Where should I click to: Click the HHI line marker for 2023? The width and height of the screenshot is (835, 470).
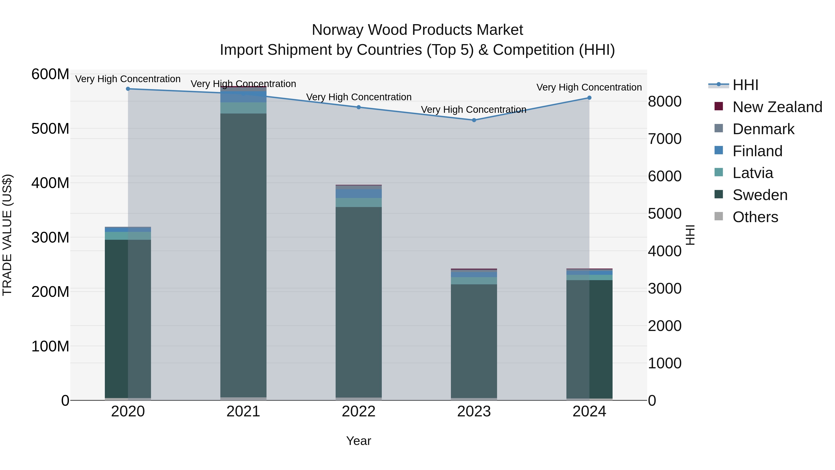(474, 120)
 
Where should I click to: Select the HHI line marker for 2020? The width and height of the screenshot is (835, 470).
(128, 89)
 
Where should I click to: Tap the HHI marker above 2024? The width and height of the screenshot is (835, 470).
(589, 98)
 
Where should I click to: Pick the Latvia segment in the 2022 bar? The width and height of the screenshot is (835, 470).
(359, 202)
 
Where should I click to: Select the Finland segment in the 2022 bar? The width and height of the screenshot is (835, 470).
(359, 194)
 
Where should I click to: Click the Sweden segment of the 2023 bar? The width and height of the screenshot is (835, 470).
(474, 340)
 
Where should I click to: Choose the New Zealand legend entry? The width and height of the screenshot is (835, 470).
(777, 107)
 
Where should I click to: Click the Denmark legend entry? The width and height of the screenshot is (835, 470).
(763, 129)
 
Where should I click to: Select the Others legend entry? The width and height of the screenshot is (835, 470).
(755, 217)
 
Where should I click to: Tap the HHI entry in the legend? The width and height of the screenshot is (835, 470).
(745, 85)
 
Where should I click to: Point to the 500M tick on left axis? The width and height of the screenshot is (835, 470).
(50, 129)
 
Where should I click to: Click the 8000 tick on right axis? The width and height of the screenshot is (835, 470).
(665, 101)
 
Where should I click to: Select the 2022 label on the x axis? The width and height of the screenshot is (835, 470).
(359, 412)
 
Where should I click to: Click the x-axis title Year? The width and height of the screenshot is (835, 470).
(359, 441)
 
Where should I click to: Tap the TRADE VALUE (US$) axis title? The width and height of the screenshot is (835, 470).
(7, 235)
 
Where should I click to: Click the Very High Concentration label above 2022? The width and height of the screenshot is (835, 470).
(359, 97)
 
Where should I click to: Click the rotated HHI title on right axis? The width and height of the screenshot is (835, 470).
(690, 235)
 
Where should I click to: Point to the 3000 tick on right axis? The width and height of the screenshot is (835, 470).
(665, 288)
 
